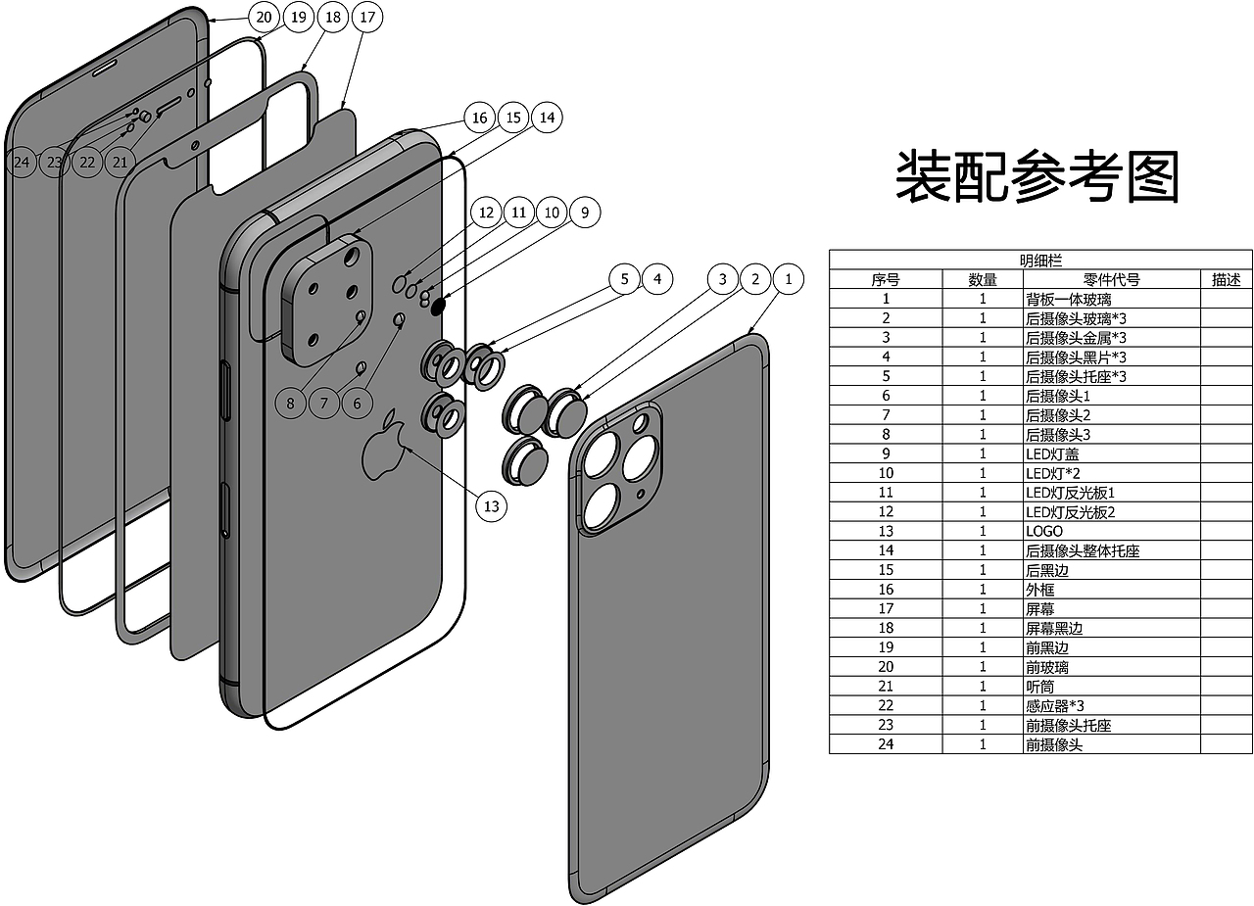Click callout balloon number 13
pos(492,505)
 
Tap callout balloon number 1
pos(788,279)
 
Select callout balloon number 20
pos(264,17)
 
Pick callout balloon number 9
pos(585,213)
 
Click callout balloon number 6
pos(358,402)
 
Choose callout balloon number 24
pos(22,162)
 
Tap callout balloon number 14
pos(547,118)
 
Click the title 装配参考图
pos(1037,177)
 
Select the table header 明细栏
pos(1040,260)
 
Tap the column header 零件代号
pos(1111,279)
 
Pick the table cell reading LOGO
pos(1044,531)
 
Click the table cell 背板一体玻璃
pos(1068,299)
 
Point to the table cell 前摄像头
pos(1054,744)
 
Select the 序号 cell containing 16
pos(886,590)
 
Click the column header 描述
pos(1227,279)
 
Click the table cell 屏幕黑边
pos(1054,628)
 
